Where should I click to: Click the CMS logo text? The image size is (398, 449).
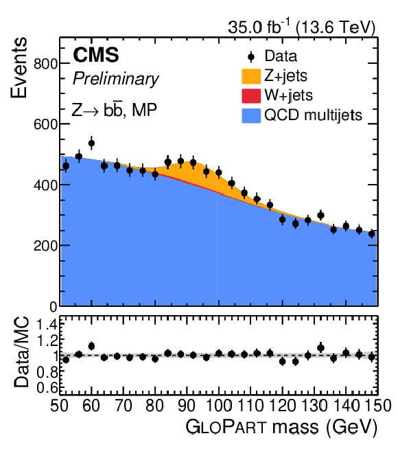(x=96, y=55)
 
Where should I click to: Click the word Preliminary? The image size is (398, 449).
(x=115, y=79)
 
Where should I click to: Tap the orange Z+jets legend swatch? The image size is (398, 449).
(x=251, y=76)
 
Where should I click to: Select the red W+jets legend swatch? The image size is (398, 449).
(x=251, y=95)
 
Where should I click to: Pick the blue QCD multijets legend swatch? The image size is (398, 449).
(x=251, y=116)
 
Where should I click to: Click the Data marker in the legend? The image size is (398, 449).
(x=251, y=57)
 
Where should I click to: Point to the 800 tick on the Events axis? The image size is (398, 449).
(x=45, y=63)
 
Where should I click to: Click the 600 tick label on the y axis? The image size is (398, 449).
(x=45, y=124)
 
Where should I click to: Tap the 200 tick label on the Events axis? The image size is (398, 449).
(x=45, y=246)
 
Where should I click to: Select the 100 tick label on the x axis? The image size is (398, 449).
(x=219, y=406)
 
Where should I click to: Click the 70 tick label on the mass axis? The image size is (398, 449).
(x=123, y=406)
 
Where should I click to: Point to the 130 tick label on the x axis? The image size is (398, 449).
(x=314, y=406)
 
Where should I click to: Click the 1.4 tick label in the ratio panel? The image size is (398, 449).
(x=47, y=325)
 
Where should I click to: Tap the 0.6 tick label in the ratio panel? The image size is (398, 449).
(x=47, y=388)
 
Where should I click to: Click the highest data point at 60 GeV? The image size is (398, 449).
(x=91, y=143)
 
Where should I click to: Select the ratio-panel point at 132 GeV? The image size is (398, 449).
(x=320, y=348)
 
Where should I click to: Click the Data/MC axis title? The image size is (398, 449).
(x=21, y=352)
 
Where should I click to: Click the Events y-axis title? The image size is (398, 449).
(x=19, y=68)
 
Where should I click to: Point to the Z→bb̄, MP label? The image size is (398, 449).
(x=114, y=109)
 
